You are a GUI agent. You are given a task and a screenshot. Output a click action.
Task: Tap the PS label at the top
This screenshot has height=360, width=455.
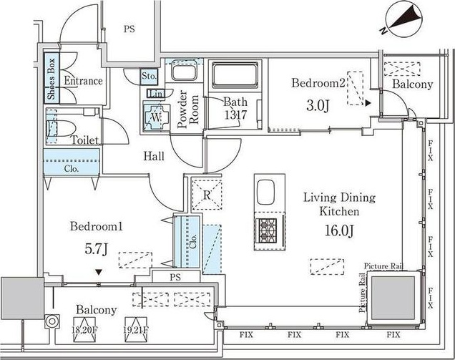pyautogui.click(x=129, y=29)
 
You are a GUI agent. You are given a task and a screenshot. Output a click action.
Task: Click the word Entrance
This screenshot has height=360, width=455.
pyautogui.click(x=83, y=81)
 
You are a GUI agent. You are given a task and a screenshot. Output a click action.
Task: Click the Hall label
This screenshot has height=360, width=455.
pyautogui.click(x=154, y=156)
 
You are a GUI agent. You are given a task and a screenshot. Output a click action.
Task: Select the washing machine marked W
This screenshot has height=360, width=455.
pyautogui.click(x=157, y=115)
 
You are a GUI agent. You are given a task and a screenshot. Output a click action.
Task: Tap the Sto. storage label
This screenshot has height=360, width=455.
pyautogui.click(x=149, y=75)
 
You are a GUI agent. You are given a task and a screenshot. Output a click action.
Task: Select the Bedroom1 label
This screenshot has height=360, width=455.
pyautogui.click(x=97, y=227)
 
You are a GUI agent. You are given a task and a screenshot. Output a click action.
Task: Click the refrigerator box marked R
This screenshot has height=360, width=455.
pyautogui.click(x=206, y=195)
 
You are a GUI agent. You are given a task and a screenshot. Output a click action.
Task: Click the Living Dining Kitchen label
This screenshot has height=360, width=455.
pyautogui.click(x=340, y=205)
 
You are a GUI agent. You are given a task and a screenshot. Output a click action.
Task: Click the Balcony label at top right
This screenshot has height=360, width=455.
pyautogui.click(x=413, y=84)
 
